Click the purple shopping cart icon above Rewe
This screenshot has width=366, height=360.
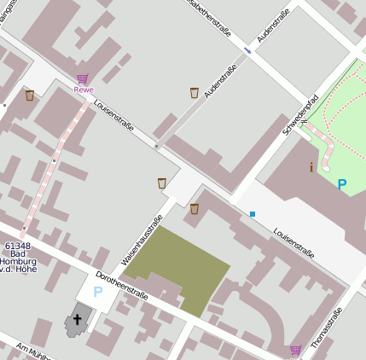tap(83, 78)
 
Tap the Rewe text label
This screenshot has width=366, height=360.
tap(83, 90)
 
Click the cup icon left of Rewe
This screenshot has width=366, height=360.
tap(30, 96)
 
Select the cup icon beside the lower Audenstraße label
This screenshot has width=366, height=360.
tap(195, 92)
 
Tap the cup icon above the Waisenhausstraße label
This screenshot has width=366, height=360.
tap(161, 183)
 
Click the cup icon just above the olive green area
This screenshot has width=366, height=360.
tap(195, 208)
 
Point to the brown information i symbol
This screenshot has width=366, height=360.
tap(311, 167)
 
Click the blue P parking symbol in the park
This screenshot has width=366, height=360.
tap(342, 183)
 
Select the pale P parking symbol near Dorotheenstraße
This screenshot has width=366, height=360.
tap(97, 291)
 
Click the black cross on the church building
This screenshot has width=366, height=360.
tap(77, 320)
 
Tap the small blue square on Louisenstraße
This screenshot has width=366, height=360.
tap(253, 213)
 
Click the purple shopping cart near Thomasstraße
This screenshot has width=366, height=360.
tap(295, 350)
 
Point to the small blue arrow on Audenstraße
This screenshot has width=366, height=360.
tap(247, 49)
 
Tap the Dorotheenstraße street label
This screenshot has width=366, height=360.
tap(122, 286)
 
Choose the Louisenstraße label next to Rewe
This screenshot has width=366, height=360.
tap(115, 117)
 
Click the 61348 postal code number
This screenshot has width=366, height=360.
tap(17, 246)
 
